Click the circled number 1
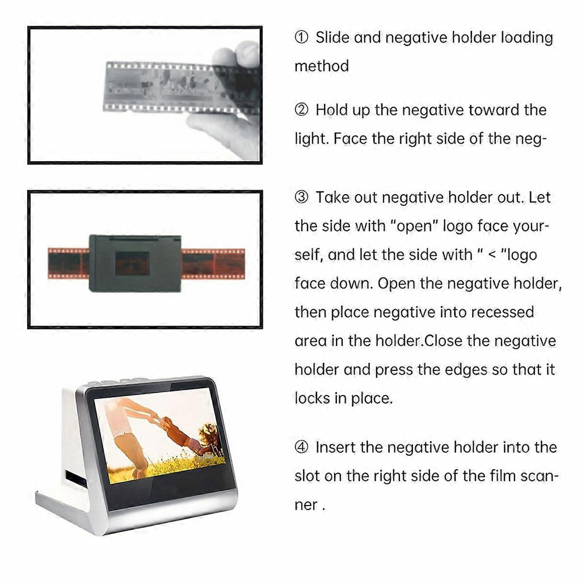pyautogui.click(x=301, y=37)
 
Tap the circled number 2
pyautogui.click(x=301, y=110)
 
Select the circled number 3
pyautogui.click(x=301, y=197)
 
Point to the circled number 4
pyautogui.click(x=301, y=447)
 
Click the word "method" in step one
pyautogui.click(x=322, y=66)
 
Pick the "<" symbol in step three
pyautogui.click(x=492, y=255)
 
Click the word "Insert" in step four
pyautogui.click(x=335, y=447)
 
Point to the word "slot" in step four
pyautogui.click(x=307, y=476)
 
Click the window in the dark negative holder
pyautogui.click(x=132, y=263)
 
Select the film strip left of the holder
pyautogui.click(x=69, y=263)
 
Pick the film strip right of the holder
pyautogui.click(x=213, y=264)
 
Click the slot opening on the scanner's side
pyautogui.click(x=75, y=479)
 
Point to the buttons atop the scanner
pyautogui.click(x=118, y=381)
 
